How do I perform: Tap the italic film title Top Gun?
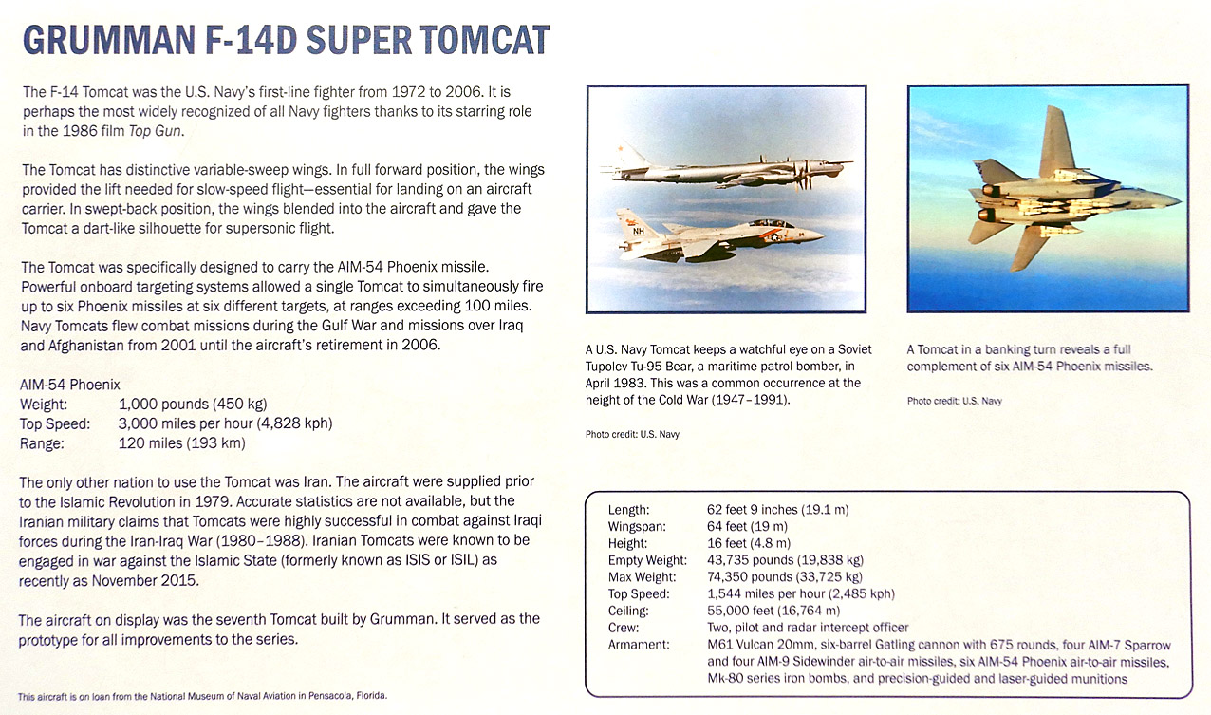tap(155, 131)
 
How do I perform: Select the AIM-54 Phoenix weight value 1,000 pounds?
tap(163, 404)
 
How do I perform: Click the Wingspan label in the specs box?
tap(637, 526)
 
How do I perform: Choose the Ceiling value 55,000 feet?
tap(740, 611)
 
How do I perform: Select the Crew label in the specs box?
tap(624, 628)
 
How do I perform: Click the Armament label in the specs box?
tap(639, 645)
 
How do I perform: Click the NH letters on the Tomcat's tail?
tap(639, 232)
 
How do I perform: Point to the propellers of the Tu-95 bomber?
tap(803, 174)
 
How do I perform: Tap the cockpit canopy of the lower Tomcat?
tap(771, 223)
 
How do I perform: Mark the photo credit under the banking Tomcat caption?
tap(954, 402)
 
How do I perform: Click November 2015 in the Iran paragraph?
tap(144, 581)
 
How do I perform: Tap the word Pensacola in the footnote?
tap(329, 696)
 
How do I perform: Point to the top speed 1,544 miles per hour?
tap(766, 593)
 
